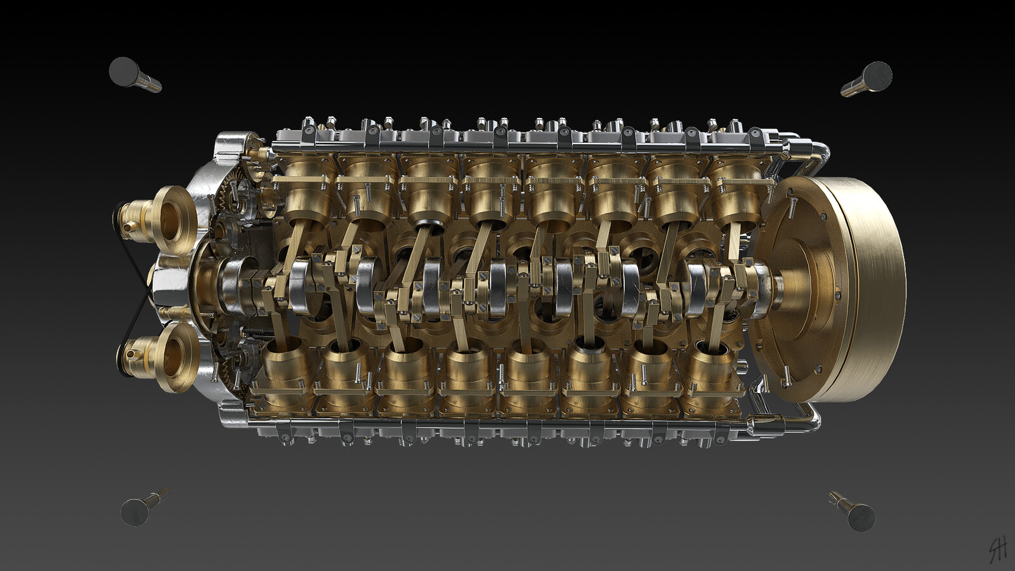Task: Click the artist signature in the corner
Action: (x=998, y=548)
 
